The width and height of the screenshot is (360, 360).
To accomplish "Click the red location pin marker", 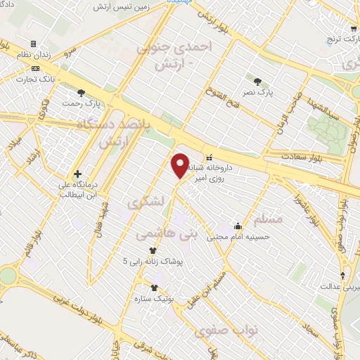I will [x=181, y=166].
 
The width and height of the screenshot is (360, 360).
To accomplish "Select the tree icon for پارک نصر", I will [x=257, y=81].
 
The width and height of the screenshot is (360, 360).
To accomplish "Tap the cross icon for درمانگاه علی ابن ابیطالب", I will [x=77, y=173].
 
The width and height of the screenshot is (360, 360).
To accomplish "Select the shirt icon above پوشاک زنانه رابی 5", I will [x=153, y=250].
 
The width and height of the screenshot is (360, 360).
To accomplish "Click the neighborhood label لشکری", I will [x=144, y=202].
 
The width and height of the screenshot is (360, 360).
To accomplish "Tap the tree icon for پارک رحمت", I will [x=83, y=92].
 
